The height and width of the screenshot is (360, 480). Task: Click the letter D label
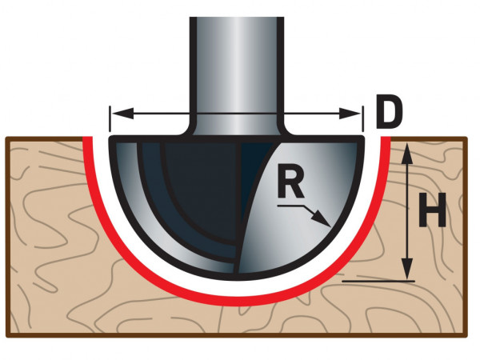pos(388,112)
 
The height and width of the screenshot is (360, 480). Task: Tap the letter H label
pos(433,210)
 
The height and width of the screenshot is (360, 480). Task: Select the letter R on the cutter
pos(290,184)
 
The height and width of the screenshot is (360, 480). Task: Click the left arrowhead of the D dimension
pos(122,114)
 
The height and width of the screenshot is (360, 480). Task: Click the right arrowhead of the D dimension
pos(350,114)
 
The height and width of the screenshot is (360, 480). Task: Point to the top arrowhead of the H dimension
pos(407,154)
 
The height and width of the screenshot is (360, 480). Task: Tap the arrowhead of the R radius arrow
pos(322,219)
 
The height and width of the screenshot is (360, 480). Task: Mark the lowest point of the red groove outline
pos(237,301)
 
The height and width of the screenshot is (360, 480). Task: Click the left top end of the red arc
pos(87,138)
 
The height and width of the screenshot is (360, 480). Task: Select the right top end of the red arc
pos(386,138)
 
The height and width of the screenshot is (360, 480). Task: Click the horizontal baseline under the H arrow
pos(378,281)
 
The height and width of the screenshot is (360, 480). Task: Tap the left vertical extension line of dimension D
pos(110,118)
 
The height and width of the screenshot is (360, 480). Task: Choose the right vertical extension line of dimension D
pos(363,118)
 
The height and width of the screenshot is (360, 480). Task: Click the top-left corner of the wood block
pos(6,138)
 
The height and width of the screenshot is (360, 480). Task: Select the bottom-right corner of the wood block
pos(466,336)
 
